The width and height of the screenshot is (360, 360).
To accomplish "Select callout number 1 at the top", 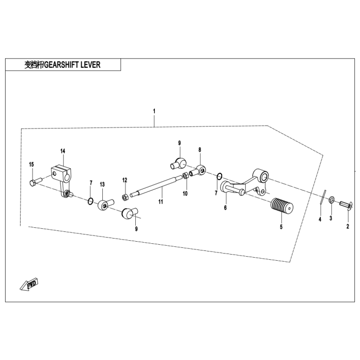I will [x=154, y=111].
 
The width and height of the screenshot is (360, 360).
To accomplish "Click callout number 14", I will [x=63, y=151].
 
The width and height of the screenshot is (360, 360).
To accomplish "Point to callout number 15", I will [x=31, y=164].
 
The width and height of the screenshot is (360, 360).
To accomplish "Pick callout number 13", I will [x=102, y=184].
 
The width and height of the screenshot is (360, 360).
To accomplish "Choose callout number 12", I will [x=124, y=180].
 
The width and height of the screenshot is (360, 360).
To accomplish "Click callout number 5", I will [x=281, y=226].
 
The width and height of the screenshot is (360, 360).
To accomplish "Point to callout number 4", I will [x=319, y=220].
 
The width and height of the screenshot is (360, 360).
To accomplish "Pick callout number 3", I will [x=331, y=218].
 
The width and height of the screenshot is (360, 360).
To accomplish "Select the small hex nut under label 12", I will [x=124, y=197].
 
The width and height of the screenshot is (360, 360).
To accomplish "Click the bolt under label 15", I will [x=34, y=182].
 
